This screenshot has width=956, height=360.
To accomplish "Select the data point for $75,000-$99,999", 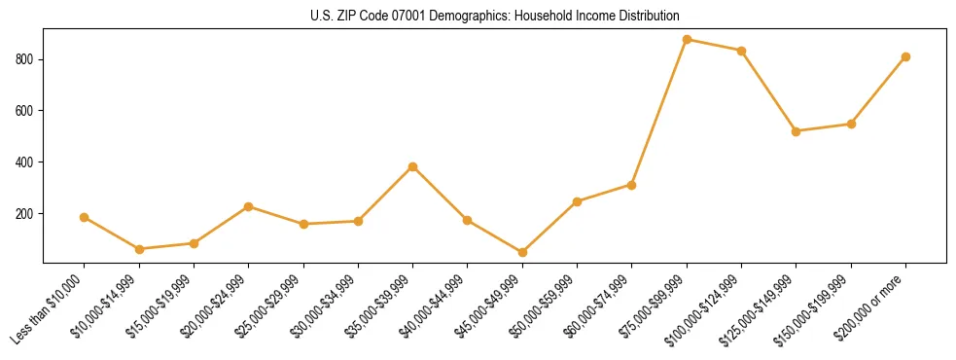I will (687, 40).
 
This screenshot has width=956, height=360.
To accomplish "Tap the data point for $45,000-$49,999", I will (522, 252).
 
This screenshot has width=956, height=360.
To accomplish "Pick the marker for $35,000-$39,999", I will (412, 166).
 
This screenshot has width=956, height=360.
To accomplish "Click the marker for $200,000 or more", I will (905, 56).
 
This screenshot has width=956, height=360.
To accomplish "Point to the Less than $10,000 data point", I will (84, 217).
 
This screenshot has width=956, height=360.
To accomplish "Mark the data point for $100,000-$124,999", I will (741, 51).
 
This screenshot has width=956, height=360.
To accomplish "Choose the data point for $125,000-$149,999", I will (796, 131).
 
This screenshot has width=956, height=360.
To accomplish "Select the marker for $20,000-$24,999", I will (248, 206).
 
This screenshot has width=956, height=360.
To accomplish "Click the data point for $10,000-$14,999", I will (139, 249).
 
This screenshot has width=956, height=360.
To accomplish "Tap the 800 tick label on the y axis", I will (25, 59).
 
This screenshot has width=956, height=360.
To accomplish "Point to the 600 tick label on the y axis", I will (25, 111).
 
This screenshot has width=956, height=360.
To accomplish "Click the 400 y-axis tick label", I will (25, 162).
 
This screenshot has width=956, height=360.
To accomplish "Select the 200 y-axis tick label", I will (25, 214).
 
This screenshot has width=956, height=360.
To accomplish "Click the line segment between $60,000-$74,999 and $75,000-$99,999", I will (659, 112).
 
